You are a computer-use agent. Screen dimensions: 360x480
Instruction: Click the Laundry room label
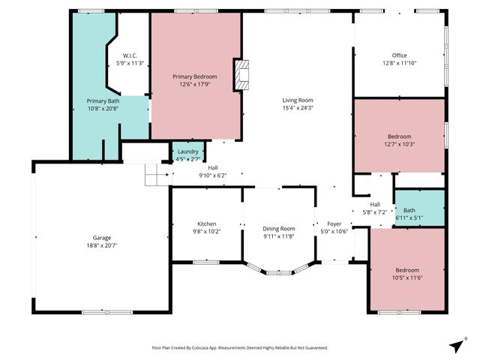[187, 152]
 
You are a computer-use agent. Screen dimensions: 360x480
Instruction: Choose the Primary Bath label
[103, 101]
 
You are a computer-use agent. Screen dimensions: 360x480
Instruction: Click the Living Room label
[297, 100]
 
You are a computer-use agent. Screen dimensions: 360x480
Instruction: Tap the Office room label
[399, 55]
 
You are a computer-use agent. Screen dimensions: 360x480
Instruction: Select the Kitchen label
[206, 224]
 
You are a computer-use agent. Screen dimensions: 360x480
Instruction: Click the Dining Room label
[278, 229]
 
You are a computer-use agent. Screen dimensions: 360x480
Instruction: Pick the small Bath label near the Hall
[409, 211]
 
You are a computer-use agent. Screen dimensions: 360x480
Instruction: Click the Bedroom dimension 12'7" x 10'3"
[399, 145]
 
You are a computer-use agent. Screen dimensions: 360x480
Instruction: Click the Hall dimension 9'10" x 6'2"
[212, 175]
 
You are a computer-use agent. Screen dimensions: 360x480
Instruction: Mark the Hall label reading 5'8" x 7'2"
[374, 212]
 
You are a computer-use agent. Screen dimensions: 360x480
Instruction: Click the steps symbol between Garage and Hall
[155, 176]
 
